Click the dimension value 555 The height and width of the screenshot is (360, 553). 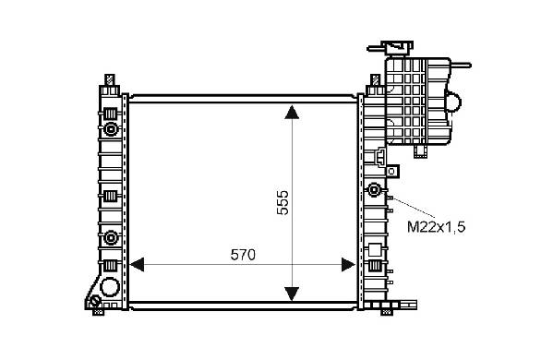point(283,203)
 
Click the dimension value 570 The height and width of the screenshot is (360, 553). point(243,255)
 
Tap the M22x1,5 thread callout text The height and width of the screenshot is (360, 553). point(437,227)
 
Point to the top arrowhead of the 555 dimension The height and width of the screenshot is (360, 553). point(292,112)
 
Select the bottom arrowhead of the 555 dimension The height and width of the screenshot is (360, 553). point(292,294)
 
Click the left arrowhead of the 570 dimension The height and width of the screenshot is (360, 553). point(137,264)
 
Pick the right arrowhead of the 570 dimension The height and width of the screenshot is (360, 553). point(348,264)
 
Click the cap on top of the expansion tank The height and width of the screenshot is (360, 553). point(399,47)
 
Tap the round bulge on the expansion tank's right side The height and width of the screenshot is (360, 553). point(454,102)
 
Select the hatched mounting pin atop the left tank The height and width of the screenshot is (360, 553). point(110,79)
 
